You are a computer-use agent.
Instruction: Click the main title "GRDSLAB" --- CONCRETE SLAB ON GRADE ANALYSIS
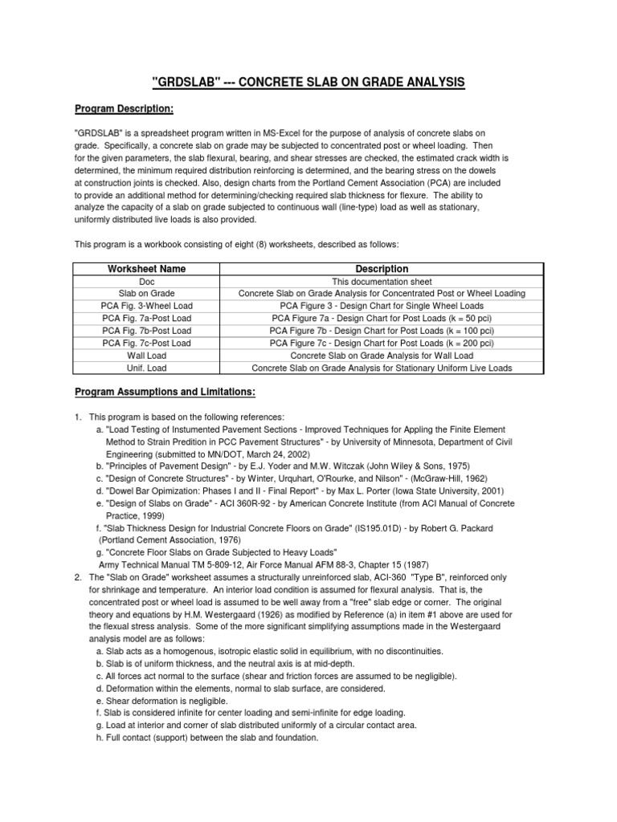pos(308,83)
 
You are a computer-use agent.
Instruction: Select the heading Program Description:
pos(125,108)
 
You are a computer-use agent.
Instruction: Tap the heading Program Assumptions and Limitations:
pos(165,392)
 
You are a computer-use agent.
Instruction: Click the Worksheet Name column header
pos(146,269)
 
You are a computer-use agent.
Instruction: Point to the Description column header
pos(382,269)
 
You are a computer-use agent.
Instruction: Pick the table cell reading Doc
pos(146,282)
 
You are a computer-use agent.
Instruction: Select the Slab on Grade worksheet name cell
pos(146,294)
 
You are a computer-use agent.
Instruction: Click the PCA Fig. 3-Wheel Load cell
pos(146,307)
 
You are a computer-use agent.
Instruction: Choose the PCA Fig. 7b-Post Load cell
pos(146,331)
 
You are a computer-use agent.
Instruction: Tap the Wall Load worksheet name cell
pos(146,356)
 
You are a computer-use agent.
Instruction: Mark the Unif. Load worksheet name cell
pos(146,368)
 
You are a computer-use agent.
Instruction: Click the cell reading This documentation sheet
pos(382,282)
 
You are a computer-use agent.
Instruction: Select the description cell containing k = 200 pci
pos(382,344)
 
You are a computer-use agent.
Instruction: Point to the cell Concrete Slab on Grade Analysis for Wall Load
pos(382,356)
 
